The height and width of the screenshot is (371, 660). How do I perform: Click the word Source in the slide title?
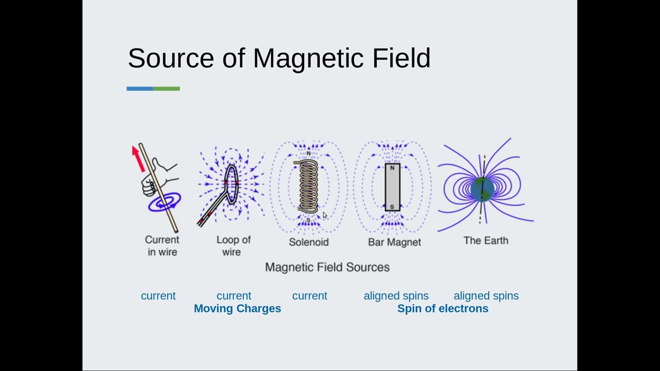(x=171, y=58)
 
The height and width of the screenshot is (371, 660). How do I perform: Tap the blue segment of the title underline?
(x=140, y=89)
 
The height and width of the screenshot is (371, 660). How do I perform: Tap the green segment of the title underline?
(x=167, y=89)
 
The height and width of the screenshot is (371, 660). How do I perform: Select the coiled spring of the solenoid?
(x=308, y=185)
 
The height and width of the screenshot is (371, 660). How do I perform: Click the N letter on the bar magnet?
(x=392, y=168)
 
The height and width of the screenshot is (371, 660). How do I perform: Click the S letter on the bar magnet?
(x=392, y=207)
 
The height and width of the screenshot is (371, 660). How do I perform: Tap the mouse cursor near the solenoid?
(x=324, y=215)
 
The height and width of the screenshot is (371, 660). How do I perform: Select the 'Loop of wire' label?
(x=233, y=246)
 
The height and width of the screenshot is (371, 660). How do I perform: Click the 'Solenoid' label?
(x=308, y=242)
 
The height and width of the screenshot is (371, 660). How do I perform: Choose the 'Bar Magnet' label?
(x=394, y=242)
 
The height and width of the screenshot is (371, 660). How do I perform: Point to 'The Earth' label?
(x=486, y=241)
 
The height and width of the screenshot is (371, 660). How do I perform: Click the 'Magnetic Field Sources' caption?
(x=327, y=267)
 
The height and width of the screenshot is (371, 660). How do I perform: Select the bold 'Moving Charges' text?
(x=237, y=308)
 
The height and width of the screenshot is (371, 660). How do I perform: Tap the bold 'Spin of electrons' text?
(x=442, y=308)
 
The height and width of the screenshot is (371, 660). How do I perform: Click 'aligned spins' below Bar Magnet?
(x=396, y=296)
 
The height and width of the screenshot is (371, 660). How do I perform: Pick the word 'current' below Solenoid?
(x=309, y=296)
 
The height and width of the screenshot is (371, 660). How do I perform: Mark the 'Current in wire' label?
(x=162, y=246)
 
